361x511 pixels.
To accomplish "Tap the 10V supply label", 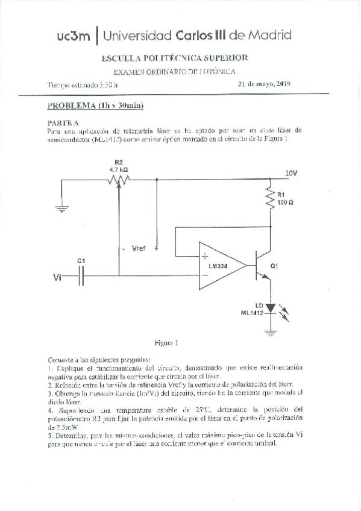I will [x=291, y=173].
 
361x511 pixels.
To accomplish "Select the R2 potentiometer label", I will [x=118, y=162].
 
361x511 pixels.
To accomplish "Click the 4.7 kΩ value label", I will [x=118, y=170].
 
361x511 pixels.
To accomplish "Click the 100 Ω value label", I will [x=285, y=202].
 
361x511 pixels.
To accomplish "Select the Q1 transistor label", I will [x=274, y=265].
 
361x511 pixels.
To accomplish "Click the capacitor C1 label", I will [x=81, y=260].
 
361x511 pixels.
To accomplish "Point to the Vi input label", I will [x=57, y=278].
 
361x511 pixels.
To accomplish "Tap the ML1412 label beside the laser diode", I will [x=252, y=313].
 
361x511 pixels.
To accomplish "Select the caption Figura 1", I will [x=167, y=344].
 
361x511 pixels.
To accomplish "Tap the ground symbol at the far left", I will [x=61, y=208].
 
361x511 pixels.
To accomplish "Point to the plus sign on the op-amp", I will [x=206, y=255].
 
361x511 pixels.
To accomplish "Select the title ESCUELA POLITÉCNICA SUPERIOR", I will [x=175, y=57].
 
